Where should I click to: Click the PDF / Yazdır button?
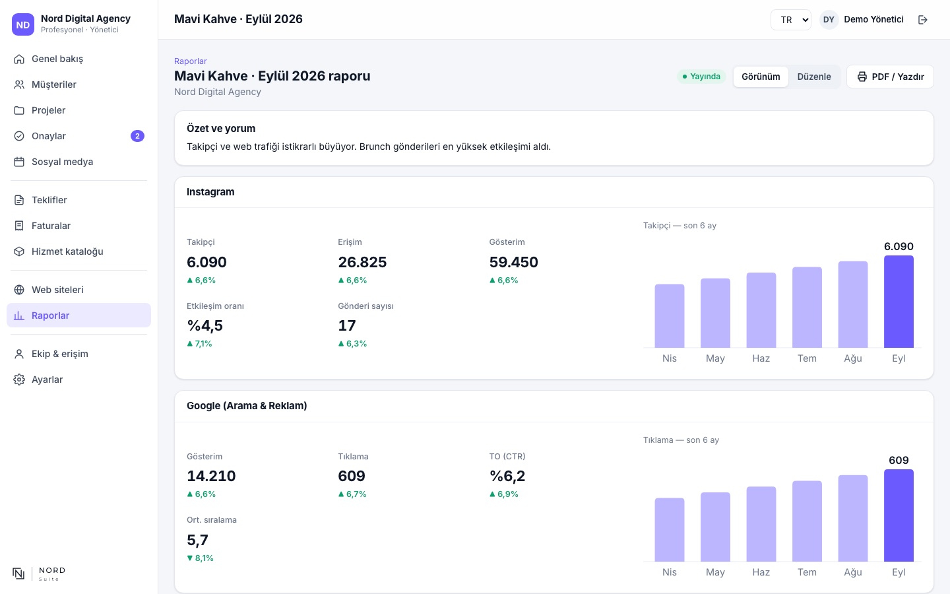[x=890, y=77]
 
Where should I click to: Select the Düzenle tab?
[x=814, y=77]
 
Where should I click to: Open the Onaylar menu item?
[x=79, y=136]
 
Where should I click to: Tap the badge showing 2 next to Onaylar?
[x=137, y=136]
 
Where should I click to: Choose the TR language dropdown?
[x=791, y=20]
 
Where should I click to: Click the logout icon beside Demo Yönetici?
[x=922, y=20]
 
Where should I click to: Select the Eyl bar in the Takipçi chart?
[x=899, y=302]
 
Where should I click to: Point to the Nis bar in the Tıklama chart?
[x=669, y=529]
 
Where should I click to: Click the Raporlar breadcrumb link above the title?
[x=191, y=61]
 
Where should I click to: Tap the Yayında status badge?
[x=701, y=77]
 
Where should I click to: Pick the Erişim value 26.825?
[x=362, y=262]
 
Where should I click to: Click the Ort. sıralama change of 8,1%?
[x=200, y=558]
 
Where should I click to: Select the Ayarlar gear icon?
[x=19, y=379]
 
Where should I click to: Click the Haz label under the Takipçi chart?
[x=761, y=358]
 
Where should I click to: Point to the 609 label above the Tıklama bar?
[x=899, y=461]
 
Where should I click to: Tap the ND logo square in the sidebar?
[x=23, y=24]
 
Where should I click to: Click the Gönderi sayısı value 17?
[x=347, y=325]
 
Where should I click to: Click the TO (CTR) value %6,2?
[x=507, y=476]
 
